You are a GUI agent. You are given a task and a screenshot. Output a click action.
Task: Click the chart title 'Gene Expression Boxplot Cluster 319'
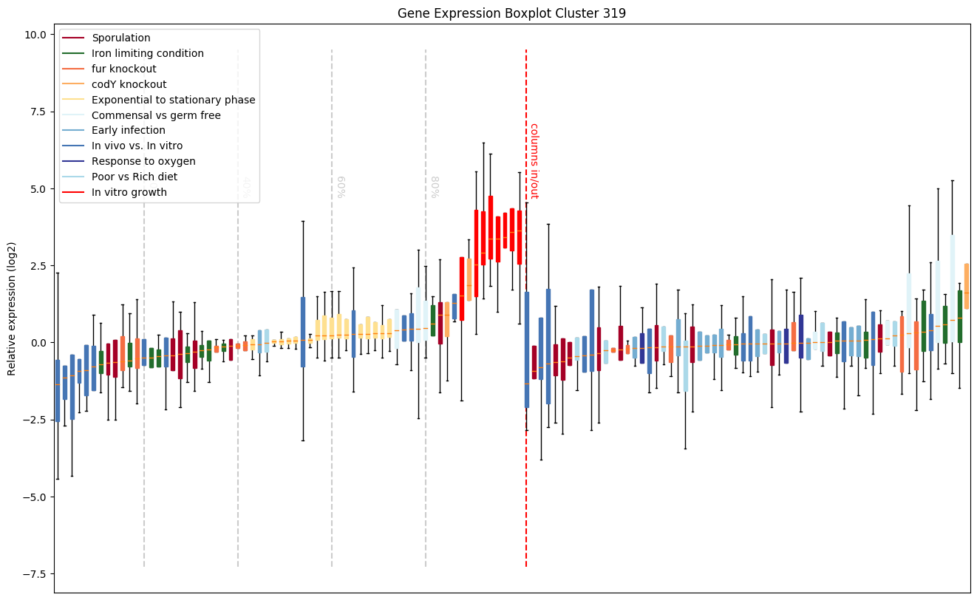click(511, 13)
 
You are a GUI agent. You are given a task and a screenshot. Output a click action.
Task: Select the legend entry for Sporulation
click(121, 38)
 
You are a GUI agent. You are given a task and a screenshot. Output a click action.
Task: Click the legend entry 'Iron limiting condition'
click(148, 53)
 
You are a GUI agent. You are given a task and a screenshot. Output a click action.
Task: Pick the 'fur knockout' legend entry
click(124, 69)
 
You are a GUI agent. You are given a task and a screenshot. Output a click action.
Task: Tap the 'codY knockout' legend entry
click(129, 84)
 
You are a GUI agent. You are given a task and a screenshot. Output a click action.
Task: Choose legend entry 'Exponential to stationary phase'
click(174, 100)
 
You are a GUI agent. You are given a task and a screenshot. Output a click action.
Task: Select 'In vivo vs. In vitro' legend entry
click(137, 146)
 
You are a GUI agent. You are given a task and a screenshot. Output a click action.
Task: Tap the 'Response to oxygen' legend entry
click(143, 161)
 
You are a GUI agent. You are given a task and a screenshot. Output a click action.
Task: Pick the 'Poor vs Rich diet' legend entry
click(135, 177)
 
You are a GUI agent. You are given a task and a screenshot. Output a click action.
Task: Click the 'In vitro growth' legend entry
click(129, 192)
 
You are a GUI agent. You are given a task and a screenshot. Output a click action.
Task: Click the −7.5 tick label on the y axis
click(33, 574)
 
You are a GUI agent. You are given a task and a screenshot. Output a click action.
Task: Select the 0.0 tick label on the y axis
click(37, 343)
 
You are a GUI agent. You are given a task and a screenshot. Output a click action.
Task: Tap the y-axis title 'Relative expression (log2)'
click(12, 307)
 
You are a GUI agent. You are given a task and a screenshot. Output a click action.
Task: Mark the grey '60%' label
click(341, 187)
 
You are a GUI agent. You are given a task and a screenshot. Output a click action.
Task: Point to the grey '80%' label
click(435, 187)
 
